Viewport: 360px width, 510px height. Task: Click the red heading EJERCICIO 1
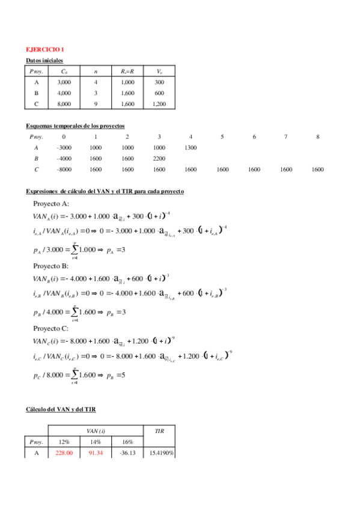pos(44,49)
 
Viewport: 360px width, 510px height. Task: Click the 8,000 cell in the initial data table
pos(64,103)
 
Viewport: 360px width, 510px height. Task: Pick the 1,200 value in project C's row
pos(159,103)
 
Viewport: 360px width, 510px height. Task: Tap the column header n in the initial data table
pos(96,71)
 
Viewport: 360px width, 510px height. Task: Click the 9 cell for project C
pos(96,103)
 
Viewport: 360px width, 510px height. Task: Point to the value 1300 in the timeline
pos(191,147)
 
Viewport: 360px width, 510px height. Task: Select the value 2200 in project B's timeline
pos(159,158)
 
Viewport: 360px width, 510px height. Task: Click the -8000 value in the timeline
pos(64,170)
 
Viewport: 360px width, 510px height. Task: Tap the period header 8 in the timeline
pos(317,137)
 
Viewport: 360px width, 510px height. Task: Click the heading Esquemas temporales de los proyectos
pos(76,126)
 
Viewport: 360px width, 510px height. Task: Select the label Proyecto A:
pos(51,203)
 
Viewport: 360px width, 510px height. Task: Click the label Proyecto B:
pos(51,265)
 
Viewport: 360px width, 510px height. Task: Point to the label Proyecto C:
pos(51,328)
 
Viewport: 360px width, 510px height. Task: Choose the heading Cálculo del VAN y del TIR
pos(61,409)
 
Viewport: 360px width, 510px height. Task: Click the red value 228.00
pos(64,452)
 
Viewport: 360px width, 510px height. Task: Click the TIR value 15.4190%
pos(159,452)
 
